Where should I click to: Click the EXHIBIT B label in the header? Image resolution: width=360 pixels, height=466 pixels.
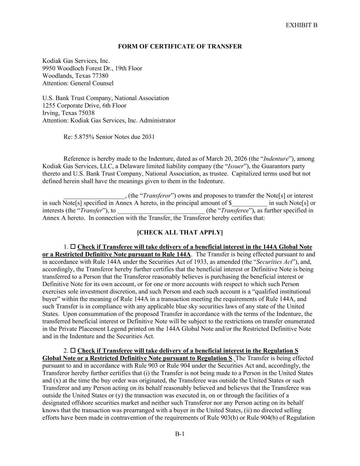pyautogui.click(x=301, y=25)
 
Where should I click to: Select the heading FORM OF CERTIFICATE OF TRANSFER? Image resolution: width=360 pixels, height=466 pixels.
pyautogui.click(x=180, y=46)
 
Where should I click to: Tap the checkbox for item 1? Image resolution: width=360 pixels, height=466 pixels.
pyautogui.click(x=73, y=247)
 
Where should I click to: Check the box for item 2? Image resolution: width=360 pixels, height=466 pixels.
pyautogui.click(x=73, y=351)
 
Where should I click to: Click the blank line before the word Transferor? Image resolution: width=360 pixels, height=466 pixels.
pyautogui.click(x=94, y=196)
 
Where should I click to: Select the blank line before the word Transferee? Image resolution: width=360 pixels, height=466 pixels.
pyautogui.click(x=161, y=211)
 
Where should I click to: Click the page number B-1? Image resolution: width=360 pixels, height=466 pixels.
pyautogui.click(x=180, y=434)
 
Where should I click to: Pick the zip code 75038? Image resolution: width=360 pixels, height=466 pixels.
pyautogui.click(x=87, y=113)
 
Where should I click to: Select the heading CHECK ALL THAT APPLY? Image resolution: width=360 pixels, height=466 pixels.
pyautogui.click(x=180, y=232)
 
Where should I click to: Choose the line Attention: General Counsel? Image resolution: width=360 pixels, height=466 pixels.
pyautogui.click(x=78, y=83)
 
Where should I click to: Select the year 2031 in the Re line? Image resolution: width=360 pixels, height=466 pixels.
pyautogui.click(x=148, y=137)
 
